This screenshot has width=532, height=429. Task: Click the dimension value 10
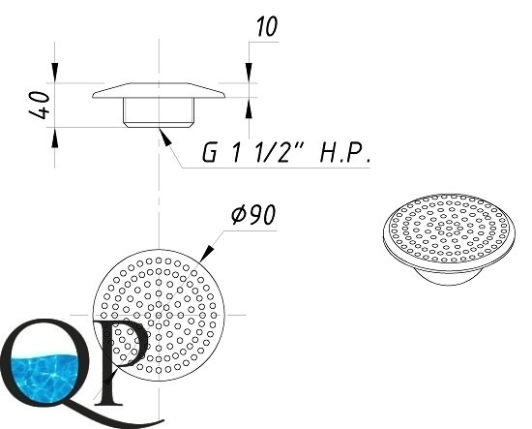click(x=267, y=26)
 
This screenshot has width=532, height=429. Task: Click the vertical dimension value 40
click(x=40, y=105)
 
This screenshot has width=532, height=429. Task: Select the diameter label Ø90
click(x=253, y=215)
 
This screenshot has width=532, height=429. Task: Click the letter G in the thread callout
click(x=209, y=153)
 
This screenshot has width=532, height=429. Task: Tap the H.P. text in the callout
click(x=344, y=153)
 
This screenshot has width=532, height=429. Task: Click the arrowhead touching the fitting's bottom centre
click(x=164, y=137)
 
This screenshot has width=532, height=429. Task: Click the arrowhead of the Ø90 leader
click(x=207, y=254)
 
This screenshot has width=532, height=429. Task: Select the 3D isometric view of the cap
click(x=449, y=239)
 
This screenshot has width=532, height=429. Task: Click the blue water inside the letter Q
click(x=44, y=378)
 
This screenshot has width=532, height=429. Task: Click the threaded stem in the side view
click(x=159, y=112)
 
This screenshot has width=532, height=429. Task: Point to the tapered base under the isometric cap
click(x=449, y=277)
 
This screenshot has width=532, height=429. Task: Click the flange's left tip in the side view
click(x=93, y=96)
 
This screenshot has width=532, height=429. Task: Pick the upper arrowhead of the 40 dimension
click(x=54, y=73)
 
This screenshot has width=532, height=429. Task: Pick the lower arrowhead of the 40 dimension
click(x=54, y=138)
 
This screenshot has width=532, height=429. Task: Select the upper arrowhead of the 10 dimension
click(x=249, y=73)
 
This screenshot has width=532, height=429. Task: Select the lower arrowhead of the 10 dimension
click(x=249, y=107)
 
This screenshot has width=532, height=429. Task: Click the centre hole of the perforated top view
click(x=159, y=315)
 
